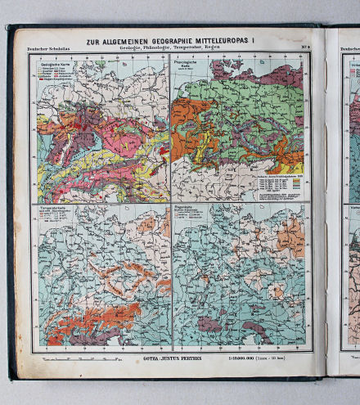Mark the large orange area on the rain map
[x=290, y=238]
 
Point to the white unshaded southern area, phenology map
[x=213, y=184]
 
